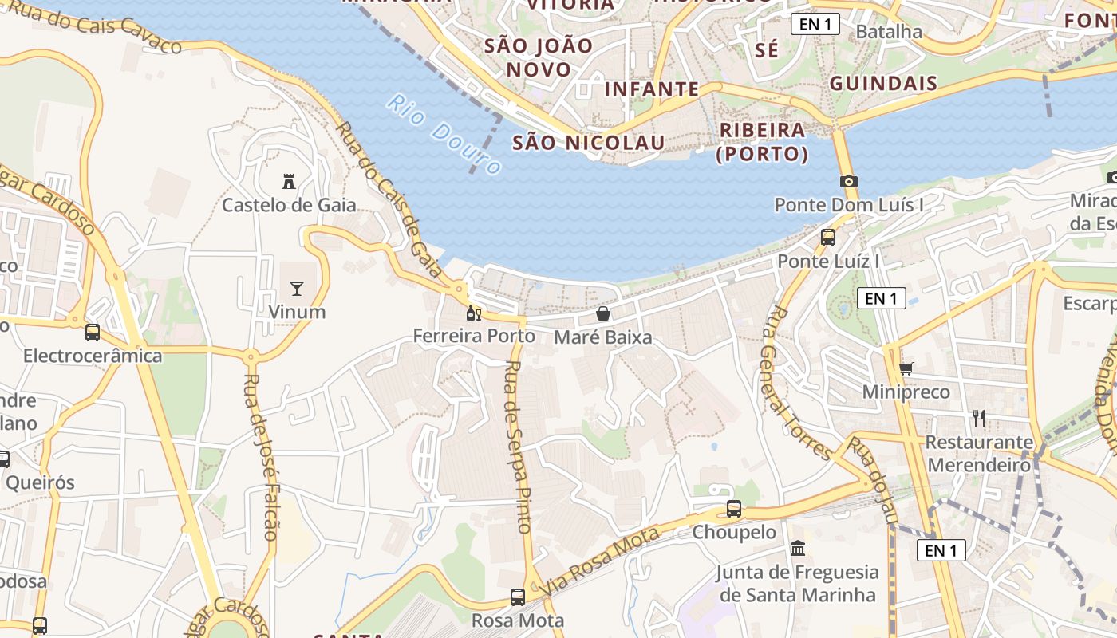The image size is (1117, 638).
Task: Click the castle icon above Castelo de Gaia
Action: [289, 182]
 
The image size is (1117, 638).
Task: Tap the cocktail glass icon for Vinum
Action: [297, 288]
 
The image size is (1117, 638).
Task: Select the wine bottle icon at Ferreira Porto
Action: [473, 313]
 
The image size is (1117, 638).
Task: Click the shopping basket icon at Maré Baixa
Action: [603, 313]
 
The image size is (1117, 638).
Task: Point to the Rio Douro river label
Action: [444, 134]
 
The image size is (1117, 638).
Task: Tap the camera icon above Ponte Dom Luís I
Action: [849, 181]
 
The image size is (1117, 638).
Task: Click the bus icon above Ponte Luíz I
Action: [828, 237]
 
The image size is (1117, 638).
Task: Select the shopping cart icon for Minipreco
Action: [906, 368]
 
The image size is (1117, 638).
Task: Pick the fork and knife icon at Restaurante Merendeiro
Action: [979, 418]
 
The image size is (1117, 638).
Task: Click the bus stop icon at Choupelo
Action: [734, 508]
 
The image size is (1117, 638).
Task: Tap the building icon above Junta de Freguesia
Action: [797, 549]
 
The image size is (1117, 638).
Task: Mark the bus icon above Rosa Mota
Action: [518, 597]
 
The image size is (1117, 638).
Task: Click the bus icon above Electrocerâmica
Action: [93, 332]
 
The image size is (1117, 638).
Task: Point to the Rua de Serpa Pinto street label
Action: [518, 447]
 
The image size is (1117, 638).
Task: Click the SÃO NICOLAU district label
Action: [589, 143]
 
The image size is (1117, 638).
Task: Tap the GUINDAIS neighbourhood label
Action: [883, 84]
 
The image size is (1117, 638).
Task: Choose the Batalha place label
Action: [888, 32]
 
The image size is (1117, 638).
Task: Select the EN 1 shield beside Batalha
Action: [815, 24]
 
